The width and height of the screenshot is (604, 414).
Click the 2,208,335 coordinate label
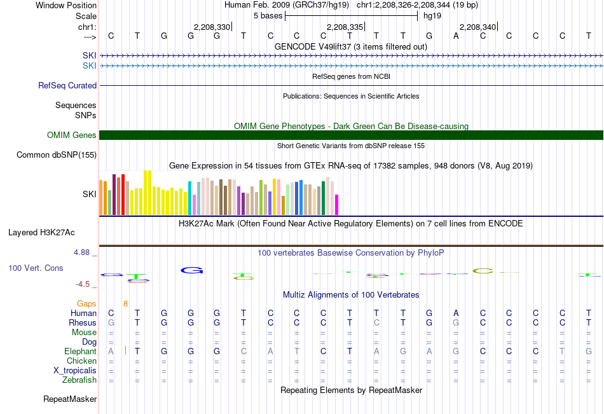345,27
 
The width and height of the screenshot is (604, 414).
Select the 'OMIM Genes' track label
72,135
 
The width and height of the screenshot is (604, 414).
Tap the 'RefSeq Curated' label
67,86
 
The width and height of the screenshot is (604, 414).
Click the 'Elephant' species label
80,351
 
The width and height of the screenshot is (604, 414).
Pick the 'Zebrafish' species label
79,380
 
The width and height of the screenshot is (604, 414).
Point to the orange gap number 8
126,304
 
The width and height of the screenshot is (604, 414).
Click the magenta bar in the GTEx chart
337,205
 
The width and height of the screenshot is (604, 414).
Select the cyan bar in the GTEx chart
189,198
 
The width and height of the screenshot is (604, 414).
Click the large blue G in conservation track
192,270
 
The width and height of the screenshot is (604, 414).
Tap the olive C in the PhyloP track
483,271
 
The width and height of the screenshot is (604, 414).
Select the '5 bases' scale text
268,16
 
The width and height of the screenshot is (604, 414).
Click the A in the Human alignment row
456,313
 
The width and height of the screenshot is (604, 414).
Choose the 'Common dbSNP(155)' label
57,155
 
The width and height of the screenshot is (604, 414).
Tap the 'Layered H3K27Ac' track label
41,233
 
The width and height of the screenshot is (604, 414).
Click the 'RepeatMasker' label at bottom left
70,399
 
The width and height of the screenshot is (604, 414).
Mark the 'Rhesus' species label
83,322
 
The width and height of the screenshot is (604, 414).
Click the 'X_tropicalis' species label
75,371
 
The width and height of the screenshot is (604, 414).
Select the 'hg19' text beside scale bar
432,16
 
